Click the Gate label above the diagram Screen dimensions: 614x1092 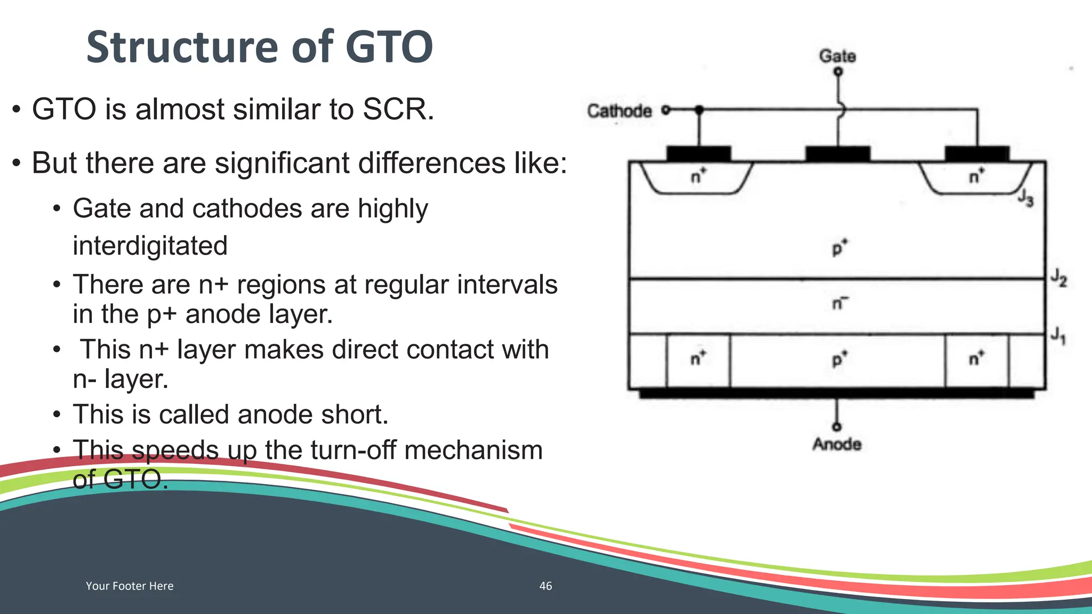click(x=837, y=56)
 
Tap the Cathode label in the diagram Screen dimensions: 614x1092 click(x=619, y=111)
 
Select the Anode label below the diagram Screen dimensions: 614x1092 click(x=837, y=444)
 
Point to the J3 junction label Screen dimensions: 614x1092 click(x=1025, y=198)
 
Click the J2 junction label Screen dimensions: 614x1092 click(x=1058, y=278)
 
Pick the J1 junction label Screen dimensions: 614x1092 click(x=1058, y=336)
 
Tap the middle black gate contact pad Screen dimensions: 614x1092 click(x=838, y=154)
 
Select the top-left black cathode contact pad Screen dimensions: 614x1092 click(x=698, y=154)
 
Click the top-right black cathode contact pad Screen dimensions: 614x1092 click(x=977, y=154)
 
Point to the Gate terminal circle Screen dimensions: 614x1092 click(x=838, y=71)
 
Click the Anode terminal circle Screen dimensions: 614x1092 click(x=837, y=426)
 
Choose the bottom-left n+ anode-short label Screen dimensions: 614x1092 click(x=698, y=358)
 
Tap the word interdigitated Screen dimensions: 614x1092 click(x=150, y=246)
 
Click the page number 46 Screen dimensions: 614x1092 click(x=545, y=586)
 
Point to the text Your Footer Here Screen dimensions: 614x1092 click(x=130, y=586)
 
